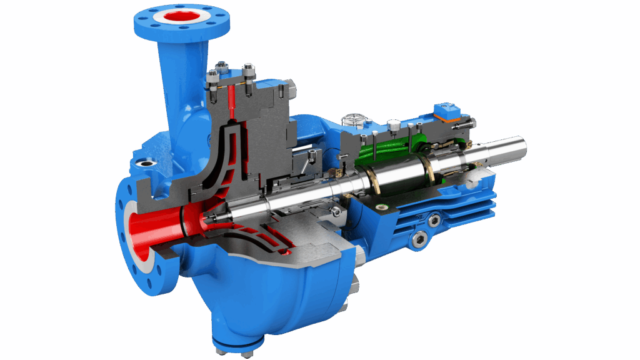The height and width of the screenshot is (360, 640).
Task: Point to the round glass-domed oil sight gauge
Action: point(353,118)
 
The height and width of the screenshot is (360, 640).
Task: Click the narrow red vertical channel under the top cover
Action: point(232,100)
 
